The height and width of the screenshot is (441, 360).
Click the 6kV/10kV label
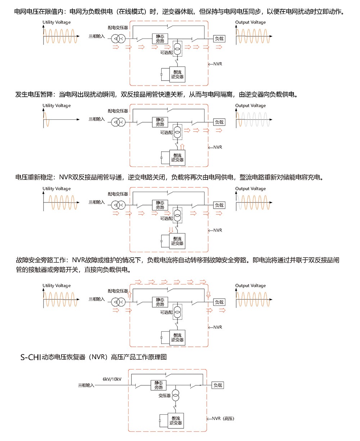[x=112, y=379]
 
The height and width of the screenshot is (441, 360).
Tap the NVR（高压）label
[x=223, y=418]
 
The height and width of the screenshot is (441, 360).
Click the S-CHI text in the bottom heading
[x=31, y=358]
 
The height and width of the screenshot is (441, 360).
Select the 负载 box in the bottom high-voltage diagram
[x=217, y=385]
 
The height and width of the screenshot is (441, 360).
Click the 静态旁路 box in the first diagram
[x=160, y=39]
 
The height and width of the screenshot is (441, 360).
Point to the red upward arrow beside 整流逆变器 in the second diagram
[x=182, y=147]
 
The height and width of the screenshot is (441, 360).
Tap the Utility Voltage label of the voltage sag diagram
[x=57, y=106]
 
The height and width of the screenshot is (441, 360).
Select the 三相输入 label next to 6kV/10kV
[x=86, y=385]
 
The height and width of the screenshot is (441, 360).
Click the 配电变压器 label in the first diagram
[x=118, y=28]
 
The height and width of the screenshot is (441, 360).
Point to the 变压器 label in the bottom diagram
[x=164, y=396]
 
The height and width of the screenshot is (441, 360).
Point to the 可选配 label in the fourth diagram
[x=166, y=313]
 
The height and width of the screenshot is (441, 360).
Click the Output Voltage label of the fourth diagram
[x=251, y=286]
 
